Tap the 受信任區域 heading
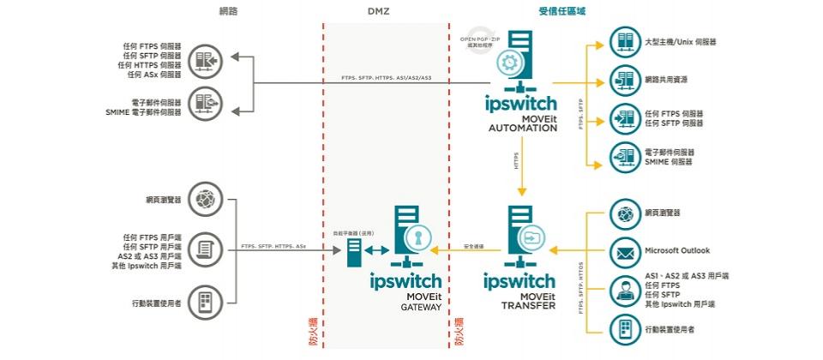point(562,12)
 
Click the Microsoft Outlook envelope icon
point(623,251)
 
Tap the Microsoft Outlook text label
point(677,251)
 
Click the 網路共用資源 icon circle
point(623,79)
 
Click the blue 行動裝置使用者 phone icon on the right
point(623,328)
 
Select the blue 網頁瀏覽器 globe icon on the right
point(623,213)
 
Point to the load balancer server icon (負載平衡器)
point(352,250)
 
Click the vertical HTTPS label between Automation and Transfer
point(517,160)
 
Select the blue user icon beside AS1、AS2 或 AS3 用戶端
point(623,290)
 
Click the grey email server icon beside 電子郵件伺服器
point(204,103)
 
